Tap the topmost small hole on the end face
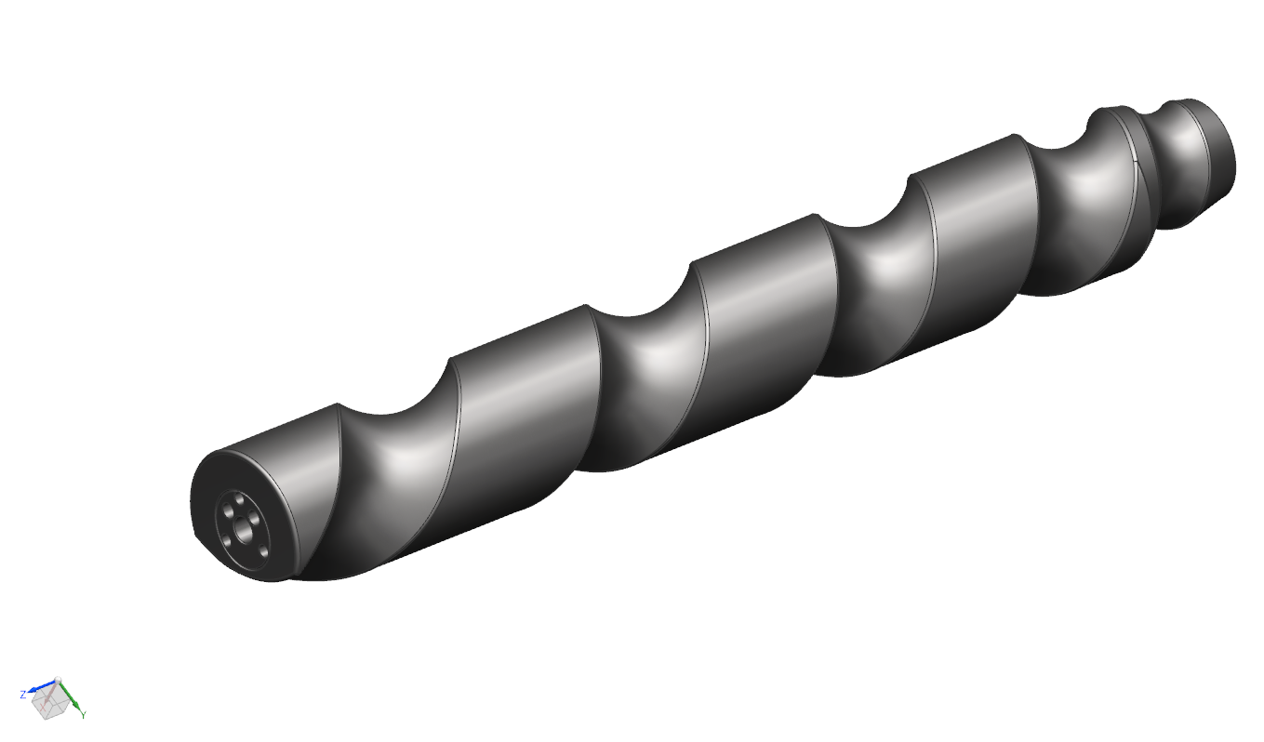(x=239, y=500)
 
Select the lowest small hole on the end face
(x=263, y=550)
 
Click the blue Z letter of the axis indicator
(x=23, y=694)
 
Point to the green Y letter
(x=84, y=715)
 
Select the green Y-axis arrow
(x=71, y=696)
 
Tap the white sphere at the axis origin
(x=58, y=679)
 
